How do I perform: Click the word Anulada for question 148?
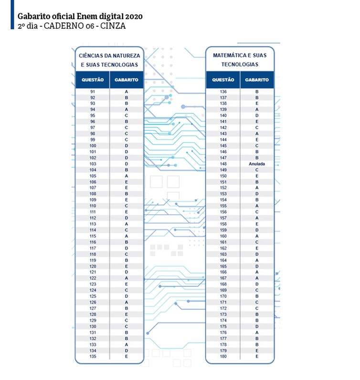pos(256,163)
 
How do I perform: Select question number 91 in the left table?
pos(93,91)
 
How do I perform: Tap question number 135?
pos(93,356)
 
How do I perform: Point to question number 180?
pos(223,356)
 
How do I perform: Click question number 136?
pos(223,91)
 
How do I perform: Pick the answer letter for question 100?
pos(127,145)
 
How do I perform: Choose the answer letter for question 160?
pos(257,236)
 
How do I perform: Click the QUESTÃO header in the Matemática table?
pos(223,80)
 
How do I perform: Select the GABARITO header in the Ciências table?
pos(127,80)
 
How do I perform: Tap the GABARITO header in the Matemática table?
pos(257,80)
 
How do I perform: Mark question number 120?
pos(93,266)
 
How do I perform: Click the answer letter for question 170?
pos(257,296)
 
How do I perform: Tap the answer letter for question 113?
pos(127,224)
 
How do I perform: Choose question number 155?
pos(223,206)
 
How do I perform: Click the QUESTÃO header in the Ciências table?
pos(93,80)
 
